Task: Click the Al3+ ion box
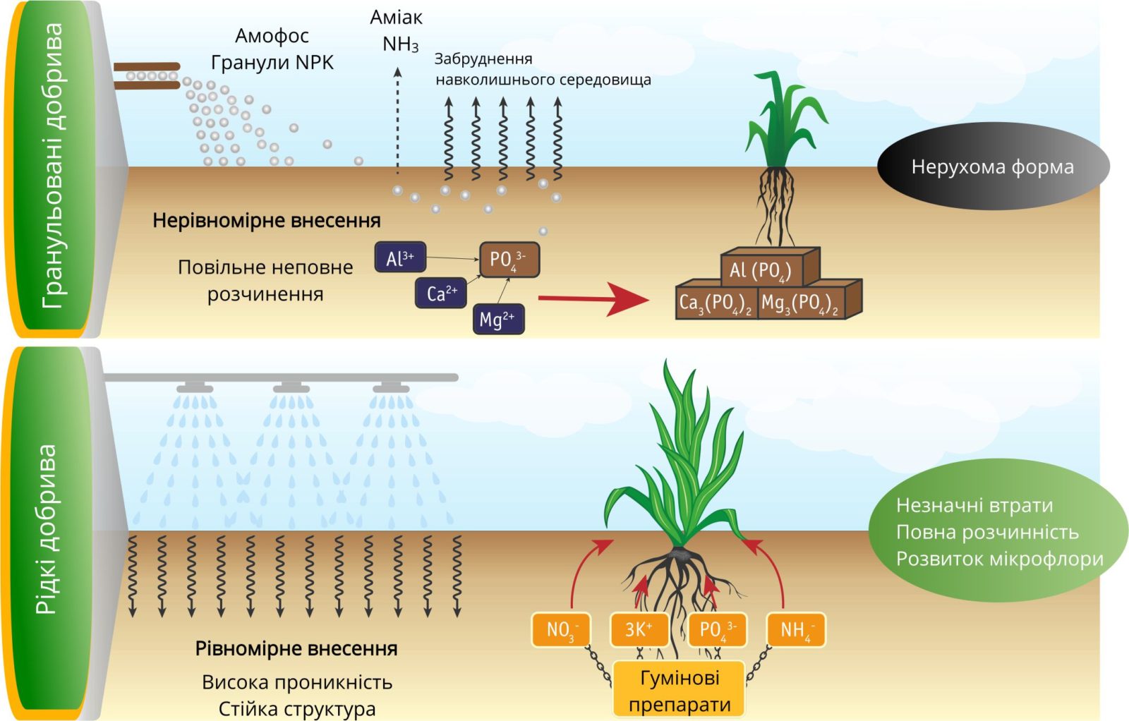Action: click(x=400, y=258)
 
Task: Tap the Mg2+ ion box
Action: click(x=497, y=319)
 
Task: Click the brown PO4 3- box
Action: click(x=509, y=260)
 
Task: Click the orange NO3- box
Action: click(x=561, y=629)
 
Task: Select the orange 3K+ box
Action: click(x=639, y=629)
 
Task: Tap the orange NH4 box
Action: click(x=795, y=629)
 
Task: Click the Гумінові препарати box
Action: click(x=679, y=690)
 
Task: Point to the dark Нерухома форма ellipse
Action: click(x=992, y=166)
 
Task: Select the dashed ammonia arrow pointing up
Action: click(x=397, y=120)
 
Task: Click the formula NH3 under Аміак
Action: click(x=400, y=44)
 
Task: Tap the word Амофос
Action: click(x=272, y=36)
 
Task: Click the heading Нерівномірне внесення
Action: click(x=267, y=221)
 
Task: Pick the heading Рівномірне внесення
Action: click(x=296, y=649)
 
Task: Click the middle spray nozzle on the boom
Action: click(x=291, y=387)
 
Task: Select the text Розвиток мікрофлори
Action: click(x=999, y=559)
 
